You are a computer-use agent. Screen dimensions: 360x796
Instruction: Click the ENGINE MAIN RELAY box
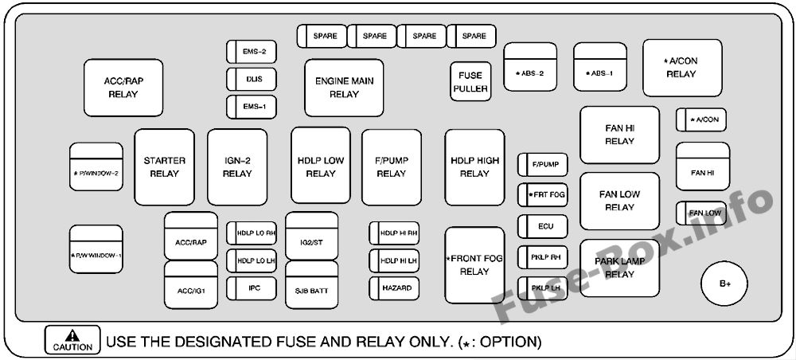coord(344,87)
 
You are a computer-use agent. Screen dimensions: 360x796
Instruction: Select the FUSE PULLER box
coord(470,82)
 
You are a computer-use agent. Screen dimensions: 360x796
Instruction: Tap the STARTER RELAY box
coord(164,167)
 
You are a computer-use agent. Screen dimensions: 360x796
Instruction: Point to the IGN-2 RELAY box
coord(237,167)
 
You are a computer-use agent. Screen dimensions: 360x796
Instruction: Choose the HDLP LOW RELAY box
coord(321,166)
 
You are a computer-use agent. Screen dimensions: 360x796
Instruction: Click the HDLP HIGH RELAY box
coord(474,166)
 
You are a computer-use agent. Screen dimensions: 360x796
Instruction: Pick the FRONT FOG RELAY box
coord(474,265)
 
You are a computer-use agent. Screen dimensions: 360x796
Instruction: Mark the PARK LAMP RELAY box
coord(619,268)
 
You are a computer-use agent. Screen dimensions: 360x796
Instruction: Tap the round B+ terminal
coord(724,284)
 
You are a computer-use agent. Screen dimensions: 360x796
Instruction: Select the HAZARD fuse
coord(394,288)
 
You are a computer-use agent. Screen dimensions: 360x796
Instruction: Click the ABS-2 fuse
coord(530,73)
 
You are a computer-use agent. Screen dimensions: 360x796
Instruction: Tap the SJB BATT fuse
coord(312,290)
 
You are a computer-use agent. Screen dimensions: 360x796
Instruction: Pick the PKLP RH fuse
coord(543,257)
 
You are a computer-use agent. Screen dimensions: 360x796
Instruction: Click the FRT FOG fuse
coord(543,194)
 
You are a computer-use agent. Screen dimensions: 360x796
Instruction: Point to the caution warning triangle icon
coord(72,335)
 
